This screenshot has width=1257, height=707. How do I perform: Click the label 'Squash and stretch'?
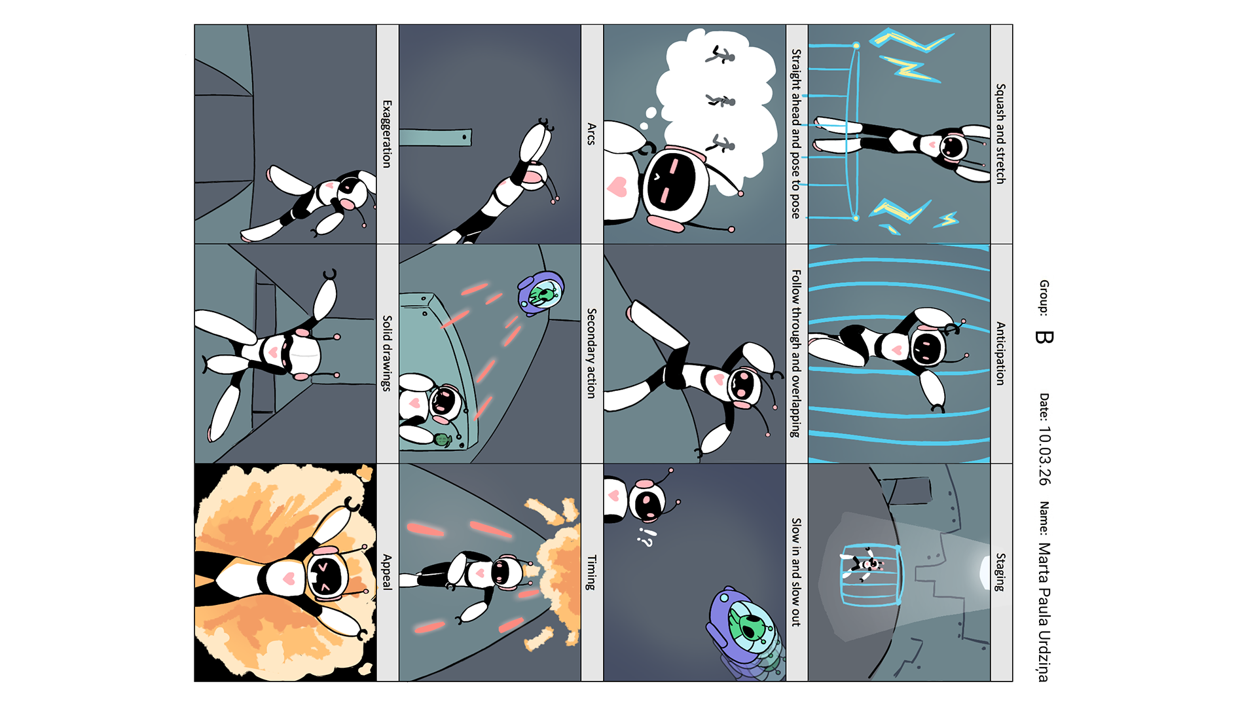click(x=1000, y=134)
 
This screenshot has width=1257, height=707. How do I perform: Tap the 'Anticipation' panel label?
click(x=1000, y=353)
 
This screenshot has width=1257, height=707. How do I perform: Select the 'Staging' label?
click(x=1000, y=572)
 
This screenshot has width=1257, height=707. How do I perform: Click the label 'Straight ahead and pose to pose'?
click(x=795, y=134)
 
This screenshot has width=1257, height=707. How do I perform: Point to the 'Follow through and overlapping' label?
click(x=795, y=353)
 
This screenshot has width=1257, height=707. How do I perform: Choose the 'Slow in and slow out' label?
click(x=795, y=572)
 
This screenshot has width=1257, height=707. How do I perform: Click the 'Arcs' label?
click(x=591, y=134)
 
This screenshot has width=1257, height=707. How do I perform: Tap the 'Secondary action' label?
click(x=591, y=353)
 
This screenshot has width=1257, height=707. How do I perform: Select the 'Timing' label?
click(x=591, y=572)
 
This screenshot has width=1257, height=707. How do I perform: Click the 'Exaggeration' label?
click(x=387, y=134)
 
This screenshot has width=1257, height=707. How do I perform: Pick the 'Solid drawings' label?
click(x=387, y=353)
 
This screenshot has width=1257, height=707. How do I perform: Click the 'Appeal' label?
click(x=387, y=572)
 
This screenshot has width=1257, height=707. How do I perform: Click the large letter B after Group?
click(x=1044, y=337)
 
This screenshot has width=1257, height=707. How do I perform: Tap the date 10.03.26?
click(x=1044, y=456)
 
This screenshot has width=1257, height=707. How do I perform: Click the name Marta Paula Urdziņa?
click(x=1044, y=612)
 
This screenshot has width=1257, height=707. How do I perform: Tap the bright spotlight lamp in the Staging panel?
click(x=985, y=572)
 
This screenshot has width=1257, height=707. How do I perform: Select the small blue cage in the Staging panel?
click(x=871, y=575)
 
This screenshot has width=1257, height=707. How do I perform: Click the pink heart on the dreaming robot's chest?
click(x=617, y=187)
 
